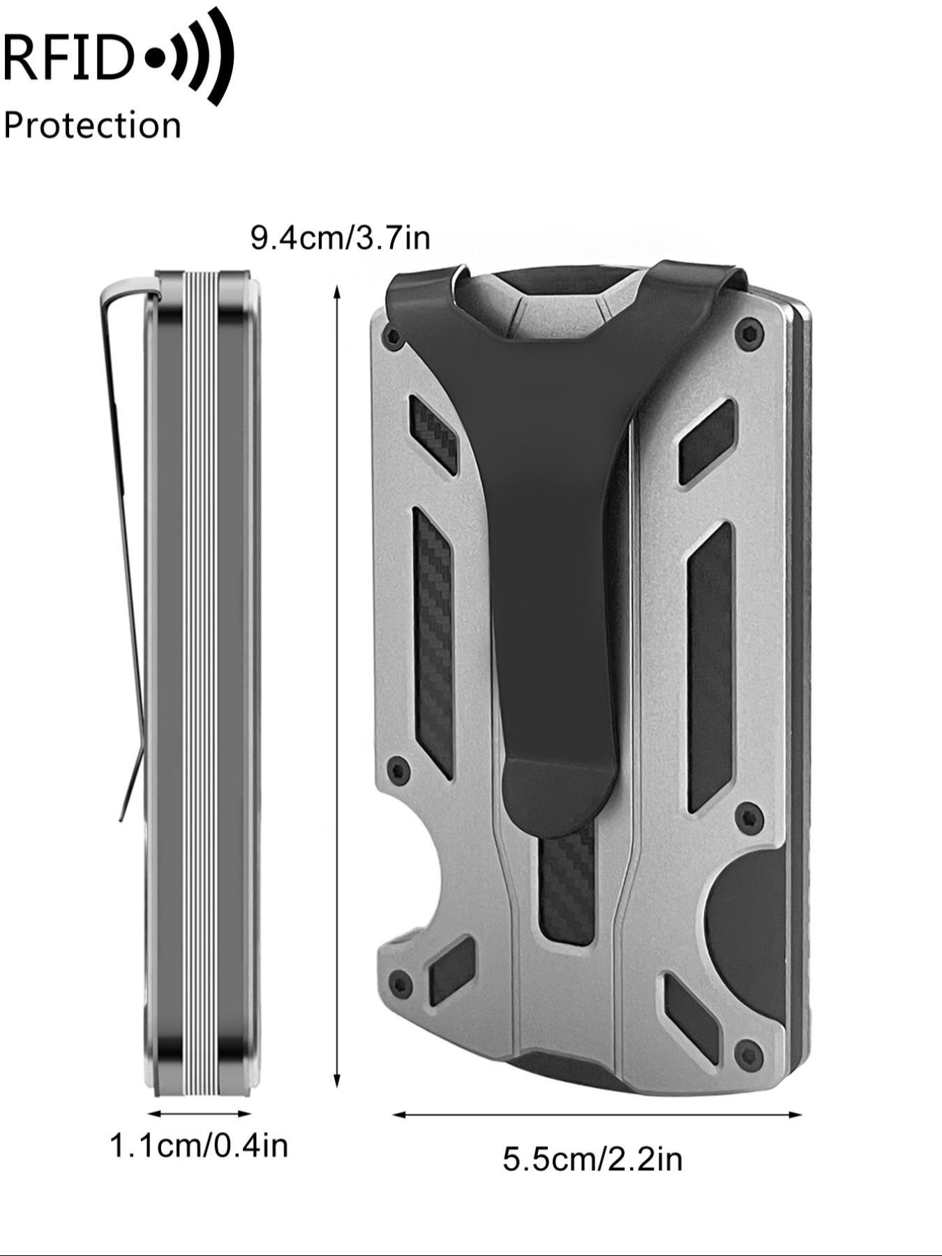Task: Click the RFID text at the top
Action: (68, 57)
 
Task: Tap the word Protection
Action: (92, 126)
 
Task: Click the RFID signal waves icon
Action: (190, 56)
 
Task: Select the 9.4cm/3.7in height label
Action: (341, 238)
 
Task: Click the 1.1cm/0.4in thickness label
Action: (199, 1146)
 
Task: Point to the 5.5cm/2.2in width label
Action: (592, 1160)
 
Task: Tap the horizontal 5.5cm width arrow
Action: (597, 1114)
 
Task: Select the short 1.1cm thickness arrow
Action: (200, 1114)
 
